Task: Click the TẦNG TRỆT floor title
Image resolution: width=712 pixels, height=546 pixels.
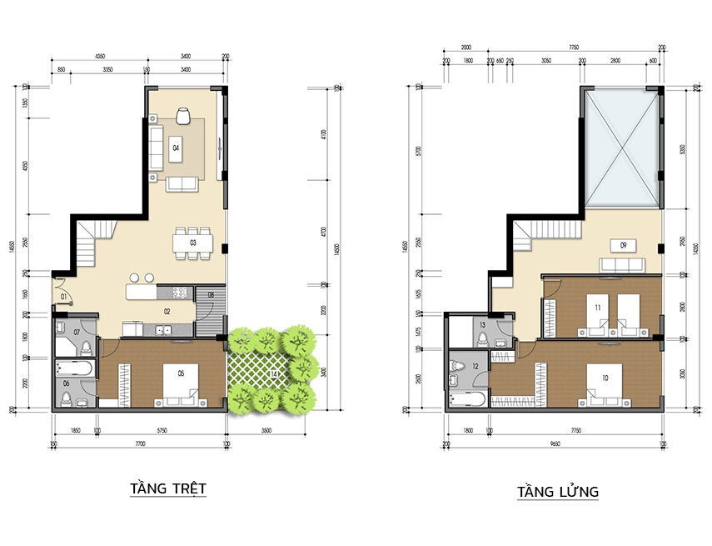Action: tap(168, 488)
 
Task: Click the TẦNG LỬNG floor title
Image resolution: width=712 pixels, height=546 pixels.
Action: tap(557, 491)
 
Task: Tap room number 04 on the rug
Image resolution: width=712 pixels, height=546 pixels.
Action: tap(176, 148)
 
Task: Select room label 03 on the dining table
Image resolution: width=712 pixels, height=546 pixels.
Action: tap(192, 243)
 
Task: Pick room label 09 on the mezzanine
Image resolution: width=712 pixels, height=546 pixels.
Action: tap(620, 244)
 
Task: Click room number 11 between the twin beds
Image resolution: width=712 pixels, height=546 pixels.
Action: tap(597, 308)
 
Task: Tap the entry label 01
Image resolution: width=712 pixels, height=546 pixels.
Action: tap(63, 297)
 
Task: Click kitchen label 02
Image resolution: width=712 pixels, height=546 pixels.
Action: tap(167, 311)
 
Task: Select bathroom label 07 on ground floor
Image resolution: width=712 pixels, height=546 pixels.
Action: tap(77, 332)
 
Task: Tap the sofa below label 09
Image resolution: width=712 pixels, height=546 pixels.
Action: tap(621, 265)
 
